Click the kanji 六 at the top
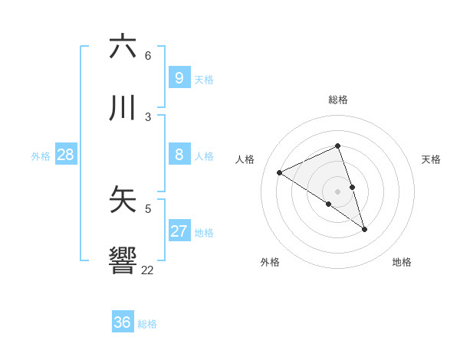pos(123,47)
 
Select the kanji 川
pos(123,108)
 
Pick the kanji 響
pos(123,260)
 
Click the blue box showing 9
pos(179,77)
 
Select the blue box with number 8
pos(179,155)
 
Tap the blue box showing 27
pos(179,231)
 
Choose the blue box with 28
pos(65,155)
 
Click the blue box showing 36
pos(123,322)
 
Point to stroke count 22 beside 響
pos(147,270)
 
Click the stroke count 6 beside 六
pos(148,56)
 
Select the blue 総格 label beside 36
pos(147,324)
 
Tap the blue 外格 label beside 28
pos(41,156)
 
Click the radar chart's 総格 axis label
pos(337,100)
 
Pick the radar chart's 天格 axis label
pos(431,159)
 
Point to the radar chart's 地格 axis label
pos(402,262)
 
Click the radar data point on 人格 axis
pos(280,173)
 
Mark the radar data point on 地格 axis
pos(364,229)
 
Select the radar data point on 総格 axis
pos(337,146)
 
